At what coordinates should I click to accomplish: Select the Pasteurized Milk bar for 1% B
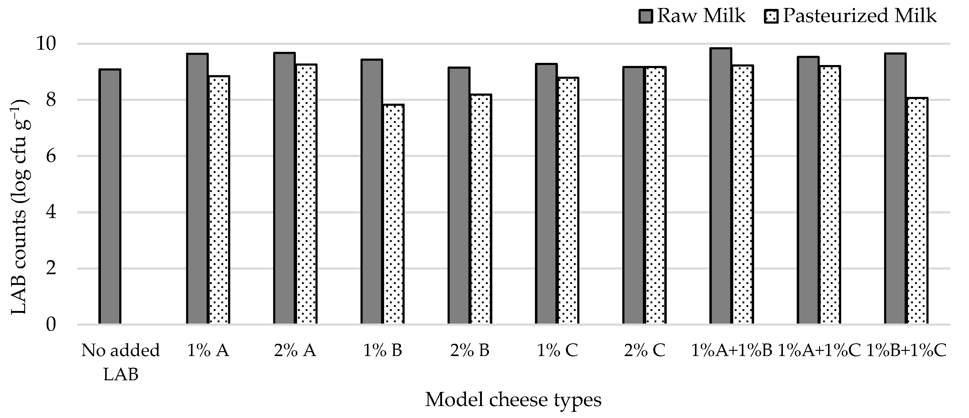click(394, 214)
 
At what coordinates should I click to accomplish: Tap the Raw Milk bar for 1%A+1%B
click(721, 186)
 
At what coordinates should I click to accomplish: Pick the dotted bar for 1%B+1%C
click(917, 211)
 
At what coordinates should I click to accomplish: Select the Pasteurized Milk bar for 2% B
click(481, 209)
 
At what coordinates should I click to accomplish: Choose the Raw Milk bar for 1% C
click(546, 194)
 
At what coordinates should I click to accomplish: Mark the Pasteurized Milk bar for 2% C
click(656, 196)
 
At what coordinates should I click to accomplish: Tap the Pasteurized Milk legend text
click(859, 16)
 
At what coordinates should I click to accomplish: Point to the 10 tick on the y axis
click(45, 44)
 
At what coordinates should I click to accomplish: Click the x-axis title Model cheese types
click(513, 400)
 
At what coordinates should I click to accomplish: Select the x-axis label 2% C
click(645, 351)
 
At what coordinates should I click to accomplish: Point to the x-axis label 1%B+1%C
click(906, 351)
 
